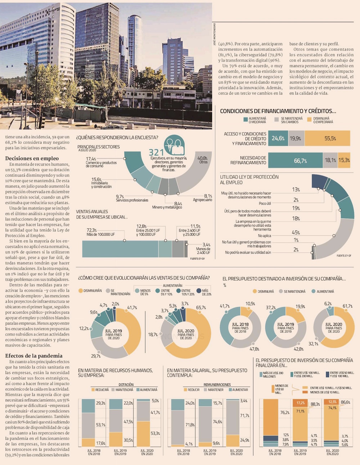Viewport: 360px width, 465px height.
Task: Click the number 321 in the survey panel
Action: point(156,153)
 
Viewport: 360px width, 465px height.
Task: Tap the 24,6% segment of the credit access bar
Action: point(278,139)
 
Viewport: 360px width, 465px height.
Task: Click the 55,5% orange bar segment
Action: point(330,139)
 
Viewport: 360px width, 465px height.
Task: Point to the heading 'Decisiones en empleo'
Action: point(32,158)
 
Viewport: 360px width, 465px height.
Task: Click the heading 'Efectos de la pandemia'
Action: point(34,356)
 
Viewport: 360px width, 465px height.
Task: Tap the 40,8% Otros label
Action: point(202,160)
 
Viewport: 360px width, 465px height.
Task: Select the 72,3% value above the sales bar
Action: point(91,230)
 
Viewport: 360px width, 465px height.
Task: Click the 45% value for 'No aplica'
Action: point(296,232)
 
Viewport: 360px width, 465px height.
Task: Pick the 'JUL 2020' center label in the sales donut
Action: point(186,331)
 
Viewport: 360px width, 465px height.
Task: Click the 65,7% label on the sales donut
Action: point(201,308)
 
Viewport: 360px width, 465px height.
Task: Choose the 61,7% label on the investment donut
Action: point(347,306)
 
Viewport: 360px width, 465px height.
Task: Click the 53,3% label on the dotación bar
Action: point(155,433)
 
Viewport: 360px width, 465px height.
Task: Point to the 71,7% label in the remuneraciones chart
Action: point(244,416)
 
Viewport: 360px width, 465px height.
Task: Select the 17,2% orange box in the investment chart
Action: point(300,403)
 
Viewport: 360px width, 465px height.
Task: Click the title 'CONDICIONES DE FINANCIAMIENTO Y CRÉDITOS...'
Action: point(278,111)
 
